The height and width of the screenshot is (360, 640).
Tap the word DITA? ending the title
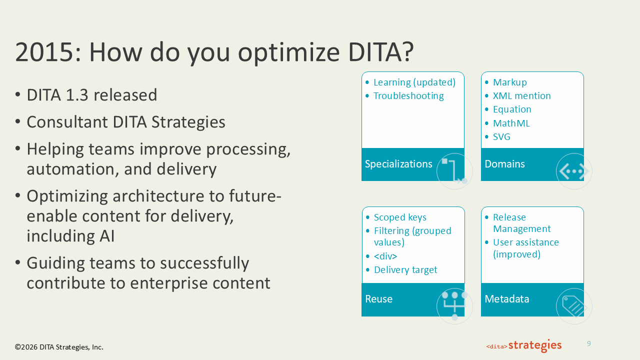pos(381,51)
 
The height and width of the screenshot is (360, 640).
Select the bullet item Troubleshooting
pos(408,96)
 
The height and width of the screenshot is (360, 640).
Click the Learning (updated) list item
pos(414,82)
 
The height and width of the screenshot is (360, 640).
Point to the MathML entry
pos(511,123)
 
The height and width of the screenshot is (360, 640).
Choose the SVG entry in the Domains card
pos(501,137)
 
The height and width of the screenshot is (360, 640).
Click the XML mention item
pos(521,95)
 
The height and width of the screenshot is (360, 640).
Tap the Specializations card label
pos(398,164)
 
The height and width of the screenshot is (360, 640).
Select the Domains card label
pos(504,164)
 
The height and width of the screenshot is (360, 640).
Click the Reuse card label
pos(378,299)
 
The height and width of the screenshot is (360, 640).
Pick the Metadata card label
pos(507,299)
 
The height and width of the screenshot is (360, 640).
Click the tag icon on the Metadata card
pos(574,306)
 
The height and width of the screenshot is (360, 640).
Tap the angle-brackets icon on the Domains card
pos(574,171)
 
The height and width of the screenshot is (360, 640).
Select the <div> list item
pos(385,256)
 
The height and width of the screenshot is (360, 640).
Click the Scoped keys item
pos(400,217)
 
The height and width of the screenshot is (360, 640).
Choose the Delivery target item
pos(405,269)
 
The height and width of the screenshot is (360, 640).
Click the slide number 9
pos(589,343)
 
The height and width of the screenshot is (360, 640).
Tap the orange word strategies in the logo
pos(535,345)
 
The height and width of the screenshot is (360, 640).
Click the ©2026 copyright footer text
pos(59,347)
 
